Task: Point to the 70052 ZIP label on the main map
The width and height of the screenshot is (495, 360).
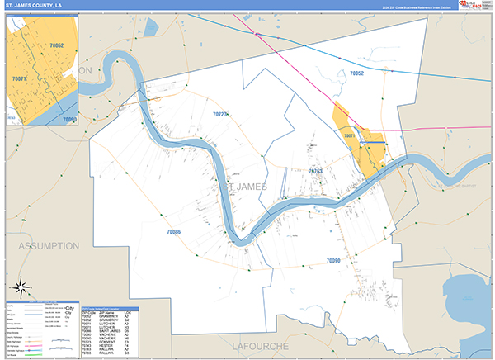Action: [x=356, y=74]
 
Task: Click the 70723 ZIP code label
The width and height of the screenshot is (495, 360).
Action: [x=220, y=114]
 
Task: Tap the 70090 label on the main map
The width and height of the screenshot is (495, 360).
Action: [x=332, y=261]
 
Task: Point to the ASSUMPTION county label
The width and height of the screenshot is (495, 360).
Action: [x=47, y=246]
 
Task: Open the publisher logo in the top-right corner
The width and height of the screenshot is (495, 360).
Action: [x=474, y=6]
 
